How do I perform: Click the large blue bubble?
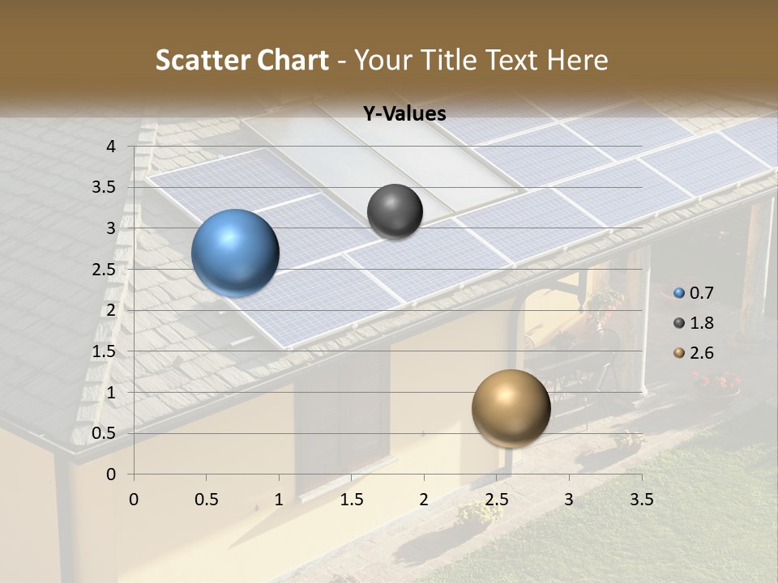(x=235, y=253)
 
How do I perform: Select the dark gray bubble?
(x=395, y=211)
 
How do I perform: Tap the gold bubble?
(x=511, y=408)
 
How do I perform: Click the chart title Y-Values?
(x=404, y=114)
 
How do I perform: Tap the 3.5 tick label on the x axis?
(x=642, y=499)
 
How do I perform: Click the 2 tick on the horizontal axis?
(x=424, y=499)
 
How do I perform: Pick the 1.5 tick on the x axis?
(x=352, y=499)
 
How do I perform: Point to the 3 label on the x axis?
(x=569, y=499)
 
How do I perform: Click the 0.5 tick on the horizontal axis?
(x=207, y=499)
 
